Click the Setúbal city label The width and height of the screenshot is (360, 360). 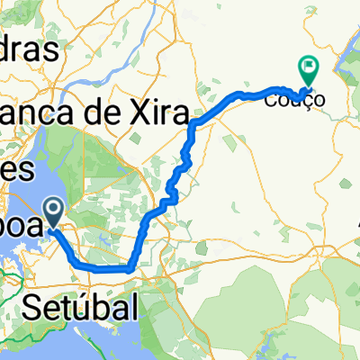pos(80,307)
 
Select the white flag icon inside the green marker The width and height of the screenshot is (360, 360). pos(309,65)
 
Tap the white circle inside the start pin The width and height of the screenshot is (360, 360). pos(53,210)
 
